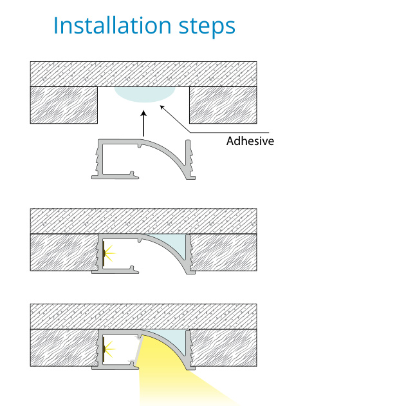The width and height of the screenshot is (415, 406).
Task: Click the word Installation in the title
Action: [113, 25]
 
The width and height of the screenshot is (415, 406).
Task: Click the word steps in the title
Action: [207, 27]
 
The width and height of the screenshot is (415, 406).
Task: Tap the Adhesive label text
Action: [250, 140]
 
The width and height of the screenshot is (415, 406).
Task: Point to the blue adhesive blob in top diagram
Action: [145, 94]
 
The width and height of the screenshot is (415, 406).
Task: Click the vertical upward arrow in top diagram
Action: [143, 124]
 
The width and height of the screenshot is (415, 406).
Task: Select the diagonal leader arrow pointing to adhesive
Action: [175, 119]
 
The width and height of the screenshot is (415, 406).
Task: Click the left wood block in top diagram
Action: [64, 105]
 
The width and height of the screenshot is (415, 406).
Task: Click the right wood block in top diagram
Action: [223, 105]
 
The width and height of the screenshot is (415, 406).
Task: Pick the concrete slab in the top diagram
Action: [143, 74]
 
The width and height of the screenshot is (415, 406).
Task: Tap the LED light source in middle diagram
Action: [108, 253]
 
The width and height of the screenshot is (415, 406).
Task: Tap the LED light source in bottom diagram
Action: [108, 349]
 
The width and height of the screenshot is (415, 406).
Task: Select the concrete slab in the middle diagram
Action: [143, 221]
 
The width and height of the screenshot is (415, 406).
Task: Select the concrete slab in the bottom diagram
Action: [143, 316]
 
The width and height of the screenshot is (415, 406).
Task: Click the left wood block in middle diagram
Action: [64, 252]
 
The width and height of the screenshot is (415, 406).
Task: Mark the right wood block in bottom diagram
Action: [224, 348]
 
